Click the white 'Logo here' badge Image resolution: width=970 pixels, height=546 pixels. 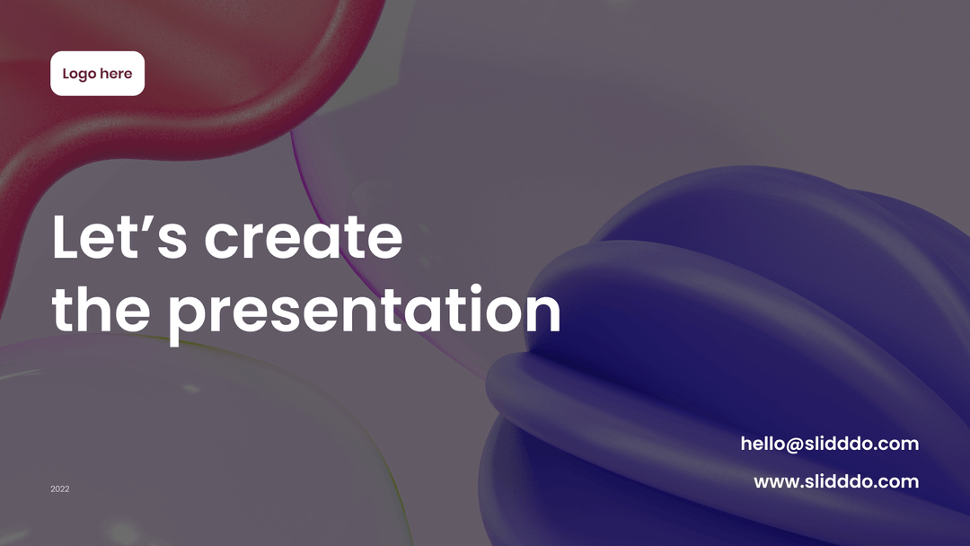click(97, 74)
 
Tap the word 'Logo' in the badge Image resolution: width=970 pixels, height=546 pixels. click(79, 75)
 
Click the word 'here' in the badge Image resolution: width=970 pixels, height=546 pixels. click(116, 74)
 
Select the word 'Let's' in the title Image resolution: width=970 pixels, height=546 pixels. click(119, 236)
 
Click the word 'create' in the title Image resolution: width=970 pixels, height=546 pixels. click(304, 236)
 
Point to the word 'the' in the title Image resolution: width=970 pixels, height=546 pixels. click(101, 309)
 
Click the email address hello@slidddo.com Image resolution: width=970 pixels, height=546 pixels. click(830, 444)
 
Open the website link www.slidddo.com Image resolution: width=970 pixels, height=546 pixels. click(836, 481)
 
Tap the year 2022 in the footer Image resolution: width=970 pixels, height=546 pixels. click(60, 489)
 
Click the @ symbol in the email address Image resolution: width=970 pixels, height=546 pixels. click(795, 445)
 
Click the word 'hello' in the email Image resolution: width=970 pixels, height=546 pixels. click(763, 444)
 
